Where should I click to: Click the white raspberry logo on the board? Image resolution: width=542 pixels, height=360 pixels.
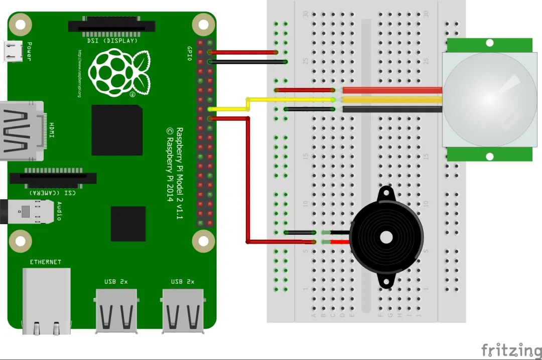click(118, 73)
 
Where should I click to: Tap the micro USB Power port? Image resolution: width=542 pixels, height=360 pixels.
click(13, 51)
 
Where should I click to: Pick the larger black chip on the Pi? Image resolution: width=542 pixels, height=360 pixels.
click(116, 130)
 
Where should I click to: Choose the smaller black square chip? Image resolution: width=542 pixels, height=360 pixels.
click(128, 224)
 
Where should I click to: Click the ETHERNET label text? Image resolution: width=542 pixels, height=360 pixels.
click(45, 262)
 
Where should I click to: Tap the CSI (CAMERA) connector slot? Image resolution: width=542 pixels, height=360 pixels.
click(53, 178)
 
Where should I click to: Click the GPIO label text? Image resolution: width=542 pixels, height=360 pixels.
click(190, 53)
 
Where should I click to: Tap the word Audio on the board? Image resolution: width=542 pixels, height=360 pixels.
click(59, 211)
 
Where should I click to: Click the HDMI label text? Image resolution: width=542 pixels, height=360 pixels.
click(52, 130)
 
